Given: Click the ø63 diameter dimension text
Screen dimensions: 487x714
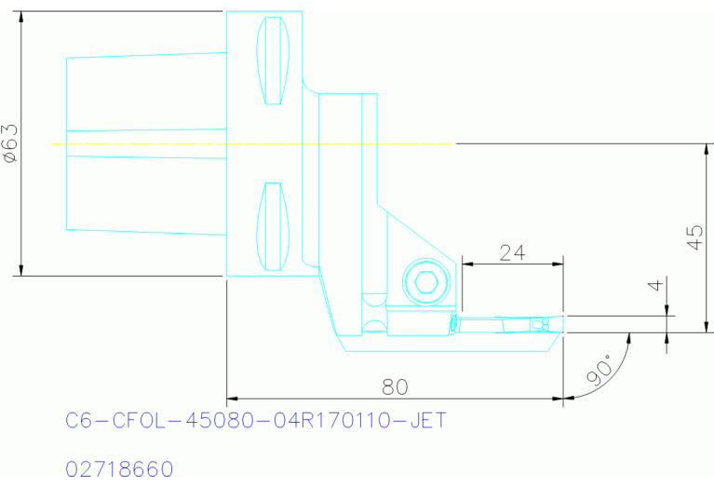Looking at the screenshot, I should coord(10,143).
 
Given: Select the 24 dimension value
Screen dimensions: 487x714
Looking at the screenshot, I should coord(512,251).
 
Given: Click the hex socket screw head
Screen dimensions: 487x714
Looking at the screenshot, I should coord(424,281).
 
